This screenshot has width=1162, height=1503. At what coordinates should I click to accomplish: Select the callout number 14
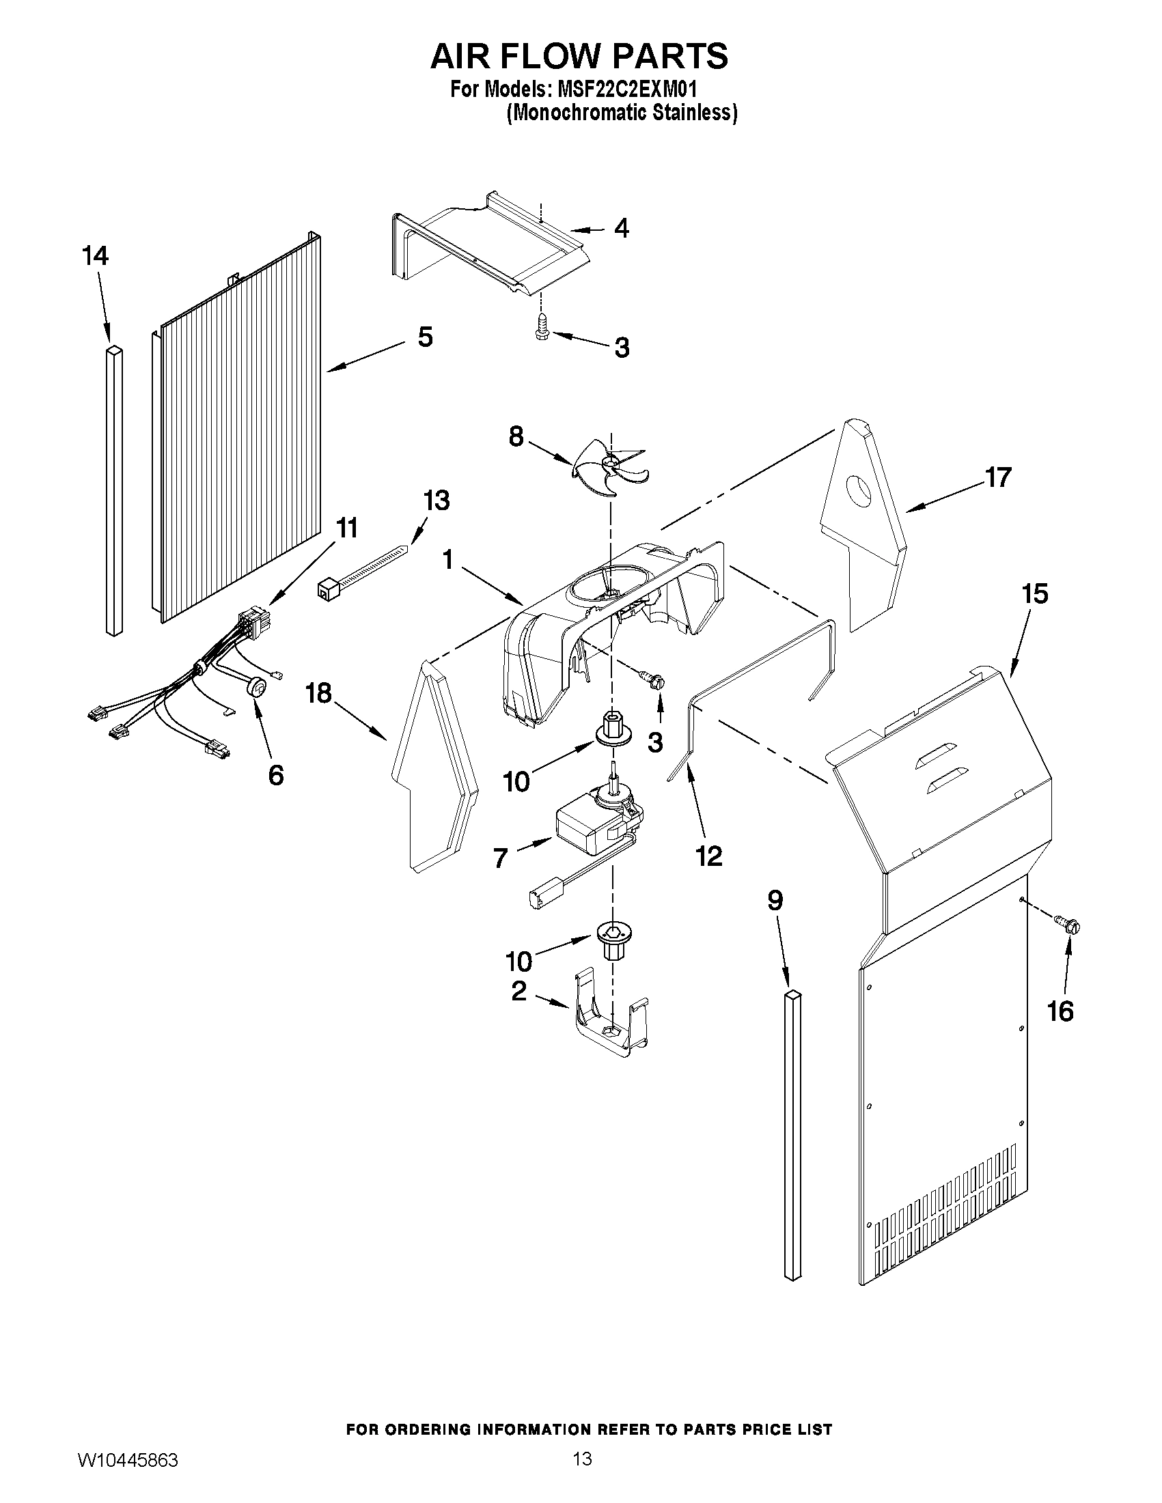95,257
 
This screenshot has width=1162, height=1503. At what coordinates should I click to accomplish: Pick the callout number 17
997,477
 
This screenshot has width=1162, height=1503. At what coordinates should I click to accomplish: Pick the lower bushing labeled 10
609,941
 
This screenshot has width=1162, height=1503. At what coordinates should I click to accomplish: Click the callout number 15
1035,594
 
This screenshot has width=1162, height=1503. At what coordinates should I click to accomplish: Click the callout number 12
709,856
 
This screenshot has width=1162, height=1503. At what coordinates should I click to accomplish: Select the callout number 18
319,694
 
